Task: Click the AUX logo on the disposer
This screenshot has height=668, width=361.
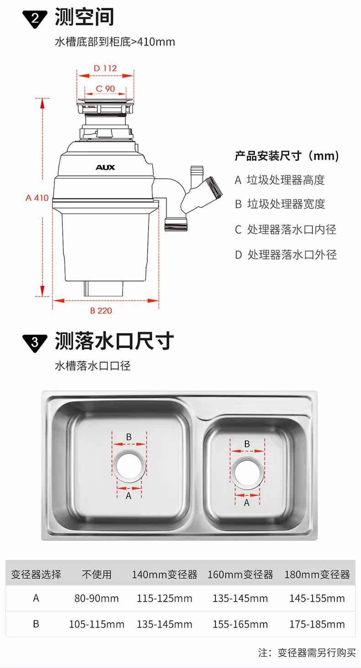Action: [x=105, y=167]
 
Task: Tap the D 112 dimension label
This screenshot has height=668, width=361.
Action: [x=105, y=68]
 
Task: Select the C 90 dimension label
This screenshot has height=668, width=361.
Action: [x=106, y=89]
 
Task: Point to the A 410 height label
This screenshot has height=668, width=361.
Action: [x=37, y=198]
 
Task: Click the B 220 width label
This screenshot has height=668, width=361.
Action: [x=101, y=311]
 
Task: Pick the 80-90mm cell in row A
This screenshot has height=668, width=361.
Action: [x=96, y=598]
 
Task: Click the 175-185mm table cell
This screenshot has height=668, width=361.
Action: [x=317, y=624]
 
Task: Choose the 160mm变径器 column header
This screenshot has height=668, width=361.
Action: [x=240, y=574]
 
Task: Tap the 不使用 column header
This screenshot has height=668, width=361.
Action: [x=96, y=574]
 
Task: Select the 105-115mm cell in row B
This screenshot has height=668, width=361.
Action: [x=96, y=624]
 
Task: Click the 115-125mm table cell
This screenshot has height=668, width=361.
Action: [x=165, y=598]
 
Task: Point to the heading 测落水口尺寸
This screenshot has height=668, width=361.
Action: [x=114, y=341]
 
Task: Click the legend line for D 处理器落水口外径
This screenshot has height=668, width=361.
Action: [x=286, y=255]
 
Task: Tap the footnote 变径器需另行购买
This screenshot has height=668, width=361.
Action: [x=317, y=652]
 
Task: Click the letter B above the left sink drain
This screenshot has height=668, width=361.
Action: [x=129, y=437]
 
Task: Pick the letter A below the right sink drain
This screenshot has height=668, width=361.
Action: [x=247, y=503]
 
